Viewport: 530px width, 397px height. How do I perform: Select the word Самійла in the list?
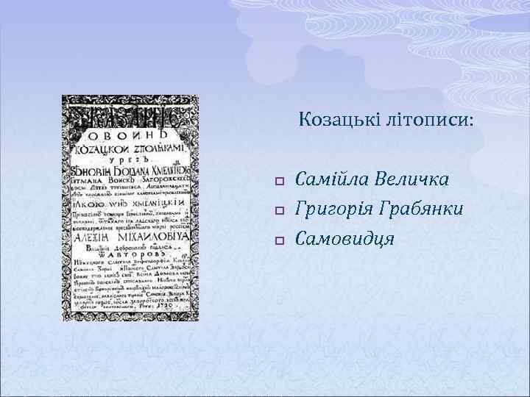tap(332, 180)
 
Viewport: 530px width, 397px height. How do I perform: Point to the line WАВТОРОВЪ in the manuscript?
tap(130, 256)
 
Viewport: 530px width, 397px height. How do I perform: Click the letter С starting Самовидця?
tap(300, 239)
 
